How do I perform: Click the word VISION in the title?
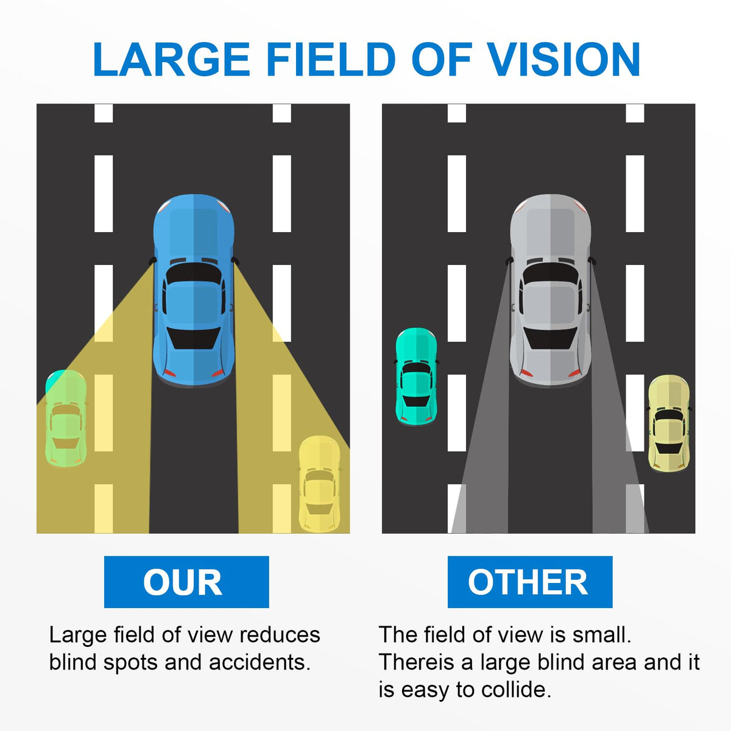coord(563,60)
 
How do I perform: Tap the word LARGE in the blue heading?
coord(171,60)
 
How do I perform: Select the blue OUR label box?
coord(186,582)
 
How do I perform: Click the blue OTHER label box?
coord(530,582)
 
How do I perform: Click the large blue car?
coord(194,290)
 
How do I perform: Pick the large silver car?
coord(551,290)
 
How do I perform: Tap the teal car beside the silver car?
coord(416,376)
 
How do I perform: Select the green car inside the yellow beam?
coord(66,418)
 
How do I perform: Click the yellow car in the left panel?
coord(319,484)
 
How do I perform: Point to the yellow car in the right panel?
coord(669,424)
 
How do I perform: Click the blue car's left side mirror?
coord(152,260)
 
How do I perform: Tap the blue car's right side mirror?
coord(236,260)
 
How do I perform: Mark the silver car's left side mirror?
coord(509,260)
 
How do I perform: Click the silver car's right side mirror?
coord(592,260)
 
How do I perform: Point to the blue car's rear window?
coord(194,338)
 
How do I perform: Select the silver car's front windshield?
coord(551,273)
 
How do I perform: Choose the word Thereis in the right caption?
coord(417,662)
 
